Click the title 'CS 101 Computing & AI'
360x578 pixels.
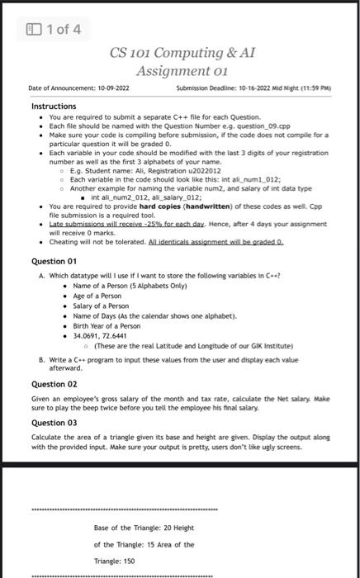[182, 54]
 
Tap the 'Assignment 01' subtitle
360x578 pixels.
[182, 72]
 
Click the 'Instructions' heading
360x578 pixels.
[54, 107]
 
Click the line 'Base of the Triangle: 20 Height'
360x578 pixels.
[143, 526]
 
